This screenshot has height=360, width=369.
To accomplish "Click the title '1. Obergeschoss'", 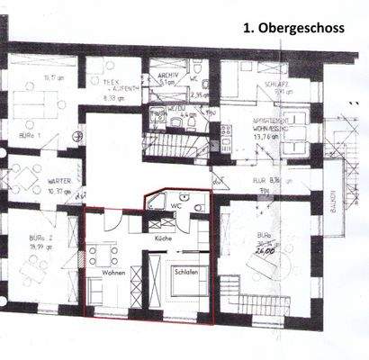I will [x=292, y=28].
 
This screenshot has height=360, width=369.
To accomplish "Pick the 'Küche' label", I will [x=162, y=239].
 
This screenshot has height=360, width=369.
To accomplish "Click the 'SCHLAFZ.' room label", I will [x=275, y=80].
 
